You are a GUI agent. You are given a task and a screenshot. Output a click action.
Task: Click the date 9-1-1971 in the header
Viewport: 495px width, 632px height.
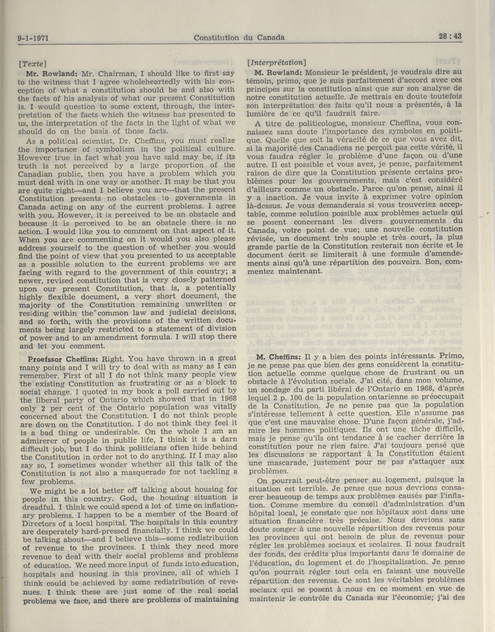33,38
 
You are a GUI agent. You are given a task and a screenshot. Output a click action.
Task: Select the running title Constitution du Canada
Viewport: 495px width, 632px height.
239,37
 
